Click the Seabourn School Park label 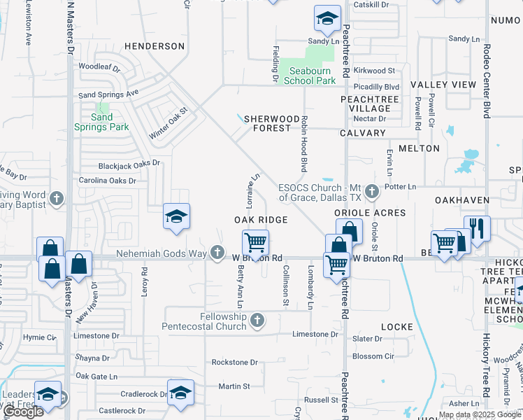[x=310, y=76]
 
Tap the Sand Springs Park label [x=101, y=122]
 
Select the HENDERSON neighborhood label [x=155, y=46]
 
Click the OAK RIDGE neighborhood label [x=261, y=220]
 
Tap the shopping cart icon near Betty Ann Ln [x=256, y=244]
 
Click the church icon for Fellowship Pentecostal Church [x=257, y=321]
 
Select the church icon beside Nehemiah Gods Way [x=217, y=252]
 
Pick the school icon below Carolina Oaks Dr [x=176, y=216]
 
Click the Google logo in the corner [x=24, y=412]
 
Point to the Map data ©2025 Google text [x=478, y=414]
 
